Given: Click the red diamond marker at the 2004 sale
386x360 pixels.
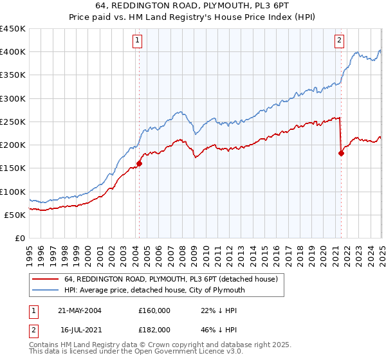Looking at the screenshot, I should click(x=139, y=163).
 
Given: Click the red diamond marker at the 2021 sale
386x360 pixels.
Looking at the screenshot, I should click(x=341, y=153).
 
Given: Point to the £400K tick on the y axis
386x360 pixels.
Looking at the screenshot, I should click(x=13, y=52).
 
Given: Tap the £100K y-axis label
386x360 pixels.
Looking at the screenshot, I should click(x=13, y=192).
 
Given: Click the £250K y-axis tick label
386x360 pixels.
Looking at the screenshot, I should click(x=13, y=122).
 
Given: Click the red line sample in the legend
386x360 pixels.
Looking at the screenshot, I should click(x=46, y=279).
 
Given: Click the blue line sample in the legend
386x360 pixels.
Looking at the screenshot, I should click(x=46, y=290).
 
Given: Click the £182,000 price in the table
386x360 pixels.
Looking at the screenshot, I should click(x=154, y=329).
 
